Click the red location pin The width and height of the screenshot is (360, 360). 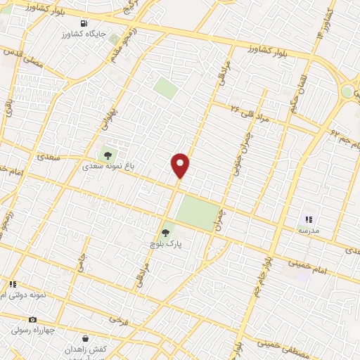point(181,165)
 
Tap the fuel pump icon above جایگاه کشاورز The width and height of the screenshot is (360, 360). point(85,22)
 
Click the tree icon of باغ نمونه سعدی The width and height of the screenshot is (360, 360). point(108,155)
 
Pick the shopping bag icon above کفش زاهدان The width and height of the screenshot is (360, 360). point(85,338)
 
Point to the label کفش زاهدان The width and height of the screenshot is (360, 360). point(85,349)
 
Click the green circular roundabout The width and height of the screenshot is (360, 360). point(347,92)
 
